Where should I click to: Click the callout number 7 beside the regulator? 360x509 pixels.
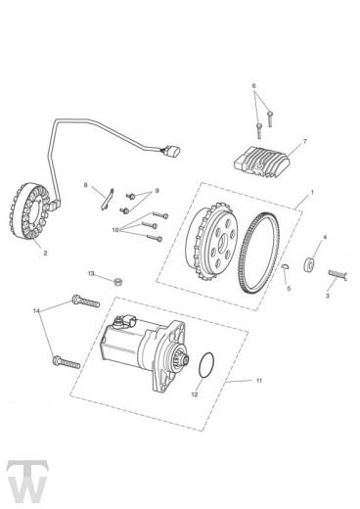click(305, 141)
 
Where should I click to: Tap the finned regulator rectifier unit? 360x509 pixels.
click(262, 162)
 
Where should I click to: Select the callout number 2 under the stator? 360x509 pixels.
click(45, 253)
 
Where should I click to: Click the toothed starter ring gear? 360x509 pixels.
click(260, 253)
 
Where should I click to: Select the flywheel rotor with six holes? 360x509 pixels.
click(212, 243)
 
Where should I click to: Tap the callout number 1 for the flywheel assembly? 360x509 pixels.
click(312, 192)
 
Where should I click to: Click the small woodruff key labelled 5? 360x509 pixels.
click(285, 266)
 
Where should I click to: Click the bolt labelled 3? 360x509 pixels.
click(338, 274)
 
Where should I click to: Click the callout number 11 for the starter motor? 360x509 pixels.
click(258, 381)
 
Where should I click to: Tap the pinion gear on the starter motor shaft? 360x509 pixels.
click(185, 358)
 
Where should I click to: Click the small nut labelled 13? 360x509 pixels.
click(118, 281)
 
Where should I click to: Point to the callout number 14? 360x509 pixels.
click(36, 310)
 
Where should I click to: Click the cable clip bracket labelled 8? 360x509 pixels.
click(107, 199)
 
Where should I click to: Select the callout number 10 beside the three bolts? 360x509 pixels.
click(115, 230)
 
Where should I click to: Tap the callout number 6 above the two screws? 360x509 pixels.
click(254, 86)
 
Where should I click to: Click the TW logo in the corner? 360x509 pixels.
click(27, 483)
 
